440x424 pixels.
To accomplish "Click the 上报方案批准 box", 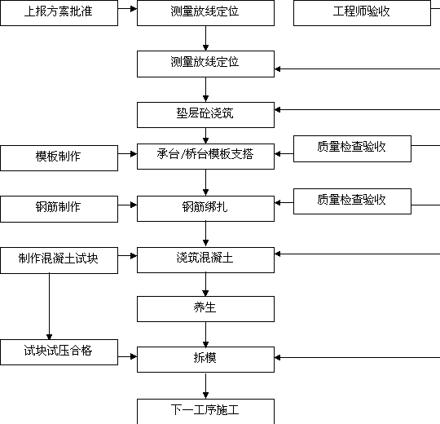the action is [x=59, y=13].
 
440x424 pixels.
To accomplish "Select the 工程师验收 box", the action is [x=362, y=13].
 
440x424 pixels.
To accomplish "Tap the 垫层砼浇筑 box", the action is [x=205, y=115].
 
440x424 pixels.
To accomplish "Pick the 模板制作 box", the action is [x=59, y=158].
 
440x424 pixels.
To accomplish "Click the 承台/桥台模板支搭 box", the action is [x=205, y=157].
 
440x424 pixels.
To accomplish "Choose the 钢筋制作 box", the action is [x=59, y=210].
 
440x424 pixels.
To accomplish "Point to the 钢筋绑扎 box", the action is [x=205, y=209].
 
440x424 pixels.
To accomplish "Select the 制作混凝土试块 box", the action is [x=59, y=260].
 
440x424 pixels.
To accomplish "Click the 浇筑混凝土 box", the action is [x=205, y=260].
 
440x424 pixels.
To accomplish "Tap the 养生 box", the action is [x=205, y=309].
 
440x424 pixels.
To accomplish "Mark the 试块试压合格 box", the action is [x=59, y=352].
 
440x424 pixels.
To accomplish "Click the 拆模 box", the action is [x=205, y=360].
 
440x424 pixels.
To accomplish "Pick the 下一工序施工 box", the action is [x=205, y=412].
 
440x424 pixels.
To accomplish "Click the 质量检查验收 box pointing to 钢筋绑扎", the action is [x=352, y=201].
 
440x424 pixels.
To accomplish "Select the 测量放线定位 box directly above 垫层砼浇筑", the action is [x=205, y=64].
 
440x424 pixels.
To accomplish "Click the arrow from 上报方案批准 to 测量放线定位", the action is [x=127, y=9].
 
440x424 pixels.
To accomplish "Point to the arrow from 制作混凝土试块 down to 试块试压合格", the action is [x=50, y=307].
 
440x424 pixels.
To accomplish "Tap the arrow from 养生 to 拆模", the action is [x=205, y=334].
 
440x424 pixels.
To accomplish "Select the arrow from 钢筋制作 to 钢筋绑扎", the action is [x=127, y=205].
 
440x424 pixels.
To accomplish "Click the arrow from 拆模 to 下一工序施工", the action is [x=205, y=386].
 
